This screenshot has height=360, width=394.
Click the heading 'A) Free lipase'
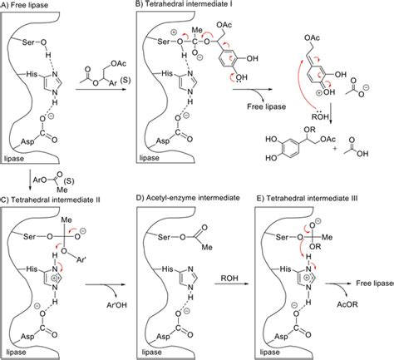pyautogui.click(x=30, y=6)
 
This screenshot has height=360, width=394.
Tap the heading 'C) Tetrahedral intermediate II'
pyautogui.click(x=55, y=197)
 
